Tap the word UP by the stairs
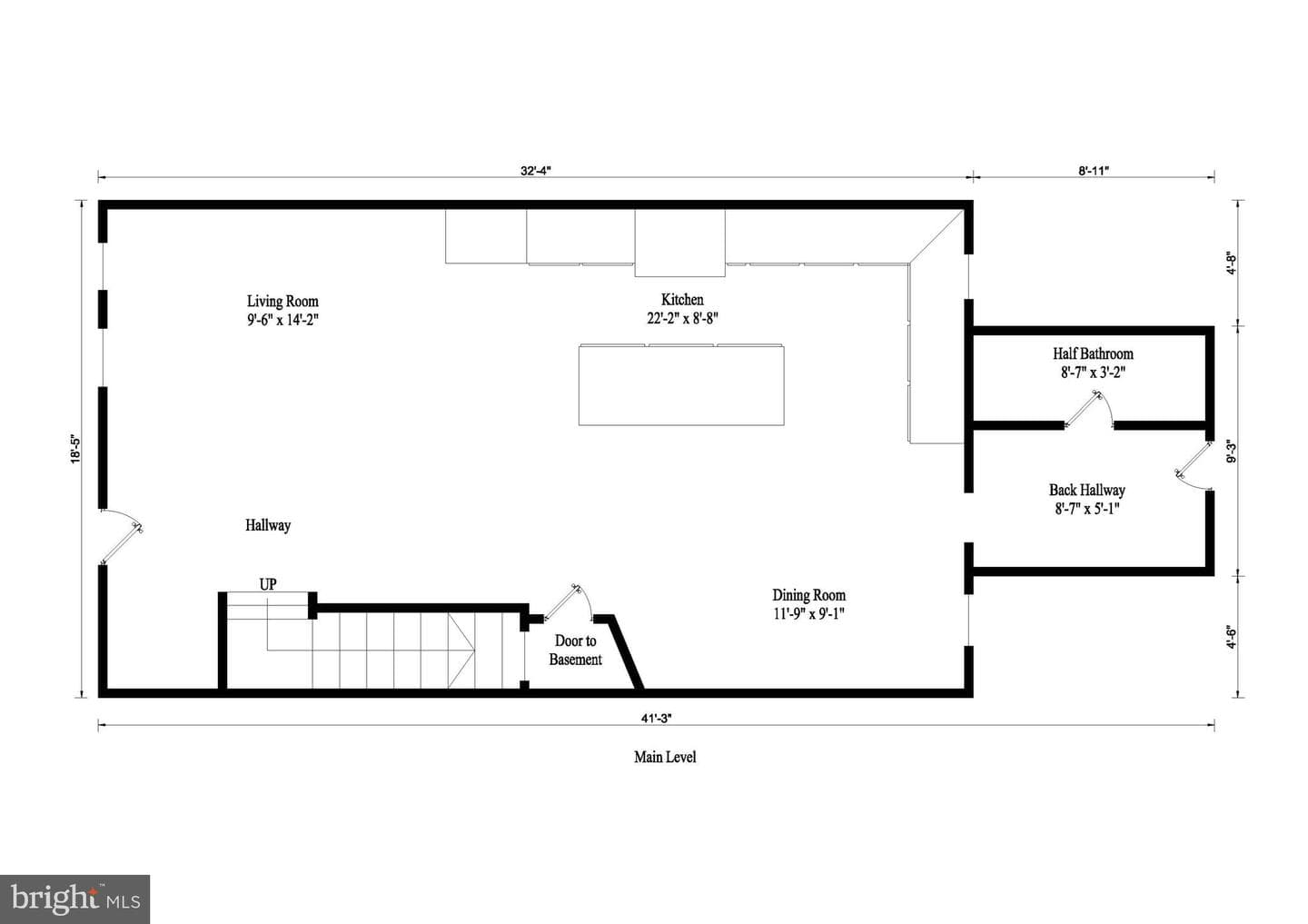[268, 584]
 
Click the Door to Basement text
[575, 651]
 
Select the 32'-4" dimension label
[536, 171]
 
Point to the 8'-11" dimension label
[1093, 171]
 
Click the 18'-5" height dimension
[75, 449]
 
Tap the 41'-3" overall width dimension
[657, 719]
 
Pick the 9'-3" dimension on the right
[1232, 451]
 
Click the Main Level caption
[665, 758]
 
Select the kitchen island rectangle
[681, 385]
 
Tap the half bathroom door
[1088, 409]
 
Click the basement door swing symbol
[569, 601]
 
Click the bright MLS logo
[74, 899]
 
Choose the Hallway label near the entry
[268, 526]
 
